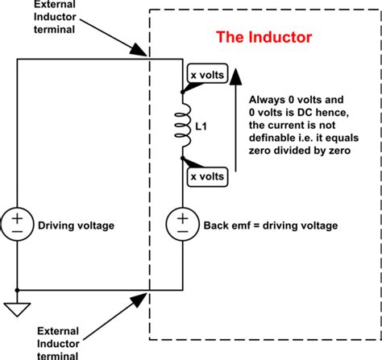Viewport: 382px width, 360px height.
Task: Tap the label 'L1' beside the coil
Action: pyautogui.click(x=204, y=127)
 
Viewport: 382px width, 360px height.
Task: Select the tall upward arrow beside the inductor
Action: pyautogui.click(x=235, y=121)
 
